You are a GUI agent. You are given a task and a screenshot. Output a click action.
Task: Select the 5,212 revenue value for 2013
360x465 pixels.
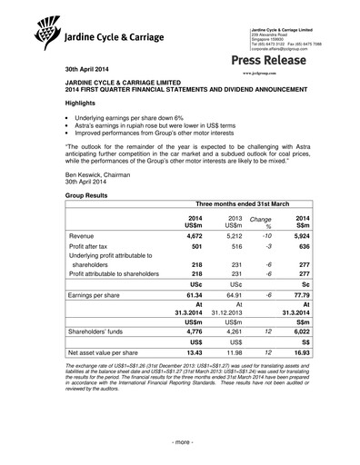[x=232, y=236]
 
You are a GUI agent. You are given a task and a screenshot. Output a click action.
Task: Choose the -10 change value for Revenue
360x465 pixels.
[x=267, y=236]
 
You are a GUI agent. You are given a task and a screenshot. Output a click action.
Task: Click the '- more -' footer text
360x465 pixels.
[x=180, y=441]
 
